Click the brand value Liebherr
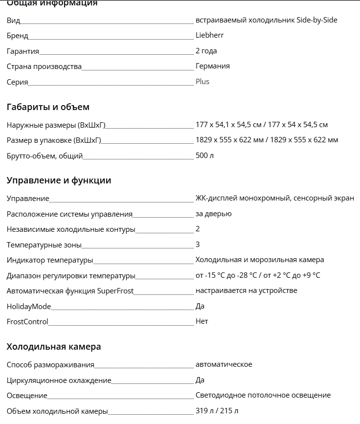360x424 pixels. pyautogui.click(x=209, y=35)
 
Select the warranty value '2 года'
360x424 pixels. pyautogui.click(x=206, y=51)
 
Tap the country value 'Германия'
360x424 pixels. pyautogui.click(x=212, y=66)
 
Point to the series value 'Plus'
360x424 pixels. pyautogui.click(x=202, y=82)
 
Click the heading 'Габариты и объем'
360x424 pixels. pyautogui.click(x=48, y=107)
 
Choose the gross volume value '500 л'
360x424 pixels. pyautogui.click(x=204, y=156)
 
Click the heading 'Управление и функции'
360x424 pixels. pyautogui.click(x=59, y=180)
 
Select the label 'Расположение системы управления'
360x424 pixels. pyautogui.click(x=69, y=214)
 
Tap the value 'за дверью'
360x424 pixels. pyautogui.click(x=213, y=214)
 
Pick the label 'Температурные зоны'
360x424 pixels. pyautogui.click(x=44, y=245)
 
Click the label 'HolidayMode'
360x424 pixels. pyautogui.click(x=29, y=306)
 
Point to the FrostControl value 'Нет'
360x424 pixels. pyautogui.click(x=202, y=321)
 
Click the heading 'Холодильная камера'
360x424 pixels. pyautogui.click(x=54, y=347)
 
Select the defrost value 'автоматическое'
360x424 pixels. pyautogui.click(x=224, y=364)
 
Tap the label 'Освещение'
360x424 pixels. pyautogui.click(x=27, y=396)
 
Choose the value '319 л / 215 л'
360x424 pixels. pyautogui.click(x=217, y=411)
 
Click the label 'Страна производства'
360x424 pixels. pyautogui.click(x=44, y=67)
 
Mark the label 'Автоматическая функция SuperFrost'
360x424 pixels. pyautogui.click(x=70, y=291)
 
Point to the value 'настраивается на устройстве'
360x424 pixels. pyautogui.click(x=246, y=290)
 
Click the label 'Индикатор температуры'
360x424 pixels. pyautogui.click(x=50, y=260)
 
